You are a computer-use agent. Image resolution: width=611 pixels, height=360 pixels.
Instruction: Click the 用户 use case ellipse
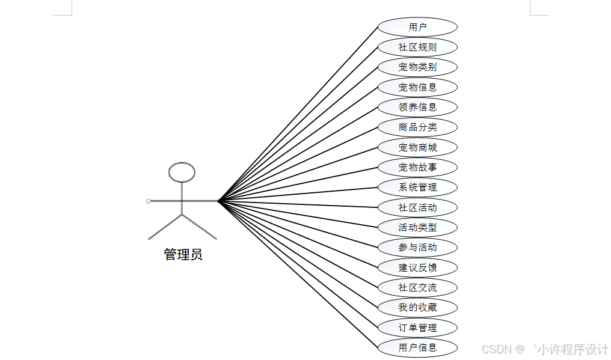click(x=417, y=27)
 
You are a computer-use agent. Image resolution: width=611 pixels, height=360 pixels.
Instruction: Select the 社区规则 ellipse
click(x=417, y=47)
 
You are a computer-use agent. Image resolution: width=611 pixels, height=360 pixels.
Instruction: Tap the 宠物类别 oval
click(x=417, y=67)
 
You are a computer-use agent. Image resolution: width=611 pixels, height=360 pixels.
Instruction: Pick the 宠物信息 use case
click(x=417, y=87)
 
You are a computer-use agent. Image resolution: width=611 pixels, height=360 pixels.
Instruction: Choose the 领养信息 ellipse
click(x=417, y=107)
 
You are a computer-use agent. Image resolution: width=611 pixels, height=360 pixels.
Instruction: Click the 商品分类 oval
click(x=417, y=127)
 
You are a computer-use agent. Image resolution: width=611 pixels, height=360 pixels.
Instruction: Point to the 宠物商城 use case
click(x=417, y=147)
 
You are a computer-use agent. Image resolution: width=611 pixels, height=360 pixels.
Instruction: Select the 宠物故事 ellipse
click(x=417, y=167)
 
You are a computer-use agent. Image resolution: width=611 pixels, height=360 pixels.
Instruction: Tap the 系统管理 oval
click(x=417, y=187)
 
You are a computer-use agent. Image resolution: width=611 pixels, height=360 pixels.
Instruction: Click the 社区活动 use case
click(x=417, y=207)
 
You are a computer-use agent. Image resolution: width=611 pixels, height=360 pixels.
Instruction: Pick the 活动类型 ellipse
click(x=417, y=227)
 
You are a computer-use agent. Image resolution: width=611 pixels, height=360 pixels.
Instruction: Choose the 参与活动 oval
click(x=417, y=247)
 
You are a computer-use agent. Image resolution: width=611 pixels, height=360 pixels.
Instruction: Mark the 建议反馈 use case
click(x=417, y=267)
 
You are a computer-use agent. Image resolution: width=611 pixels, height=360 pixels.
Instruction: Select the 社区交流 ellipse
click(x=417, y=287)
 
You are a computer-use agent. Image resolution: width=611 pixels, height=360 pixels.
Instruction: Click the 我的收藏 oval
click(x=417, y=307)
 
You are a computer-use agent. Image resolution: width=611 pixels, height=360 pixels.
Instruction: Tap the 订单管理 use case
click(x=417, y=328)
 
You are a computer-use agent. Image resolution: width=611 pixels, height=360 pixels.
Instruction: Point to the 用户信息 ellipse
click(x=417, y=347)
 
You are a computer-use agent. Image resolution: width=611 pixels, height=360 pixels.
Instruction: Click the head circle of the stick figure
click(x=182, y=172)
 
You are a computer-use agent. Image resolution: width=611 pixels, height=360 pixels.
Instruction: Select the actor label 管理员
click(x=183, y=254)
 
